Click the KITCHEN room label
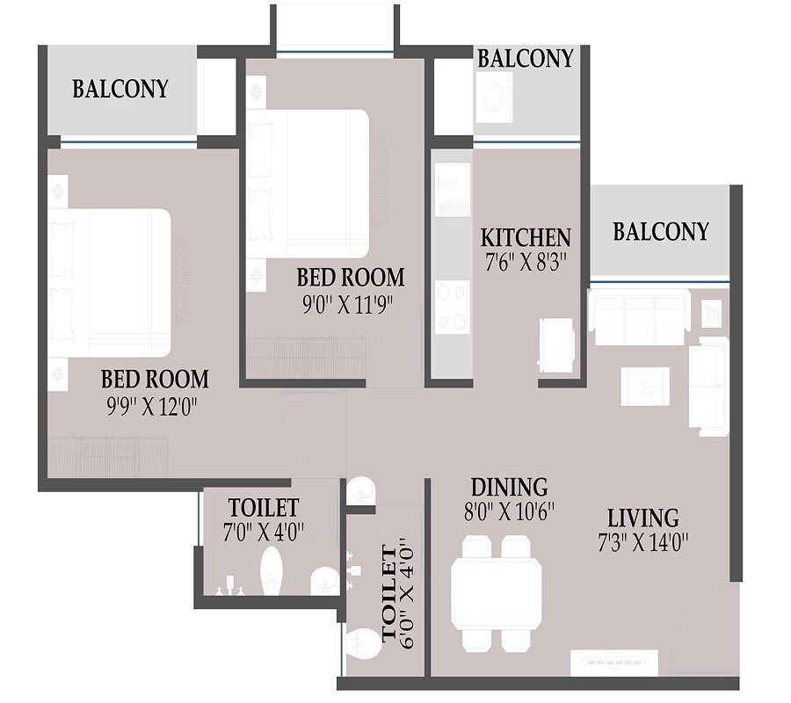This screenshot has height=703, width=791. [x=526, y=237]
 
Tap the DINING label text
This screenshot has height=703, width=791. [x=509, y=487]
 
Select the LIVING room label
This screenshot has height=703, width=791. [x=642, y=517]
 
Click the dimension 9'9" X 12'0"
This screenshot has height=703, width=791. [x=155, y=407]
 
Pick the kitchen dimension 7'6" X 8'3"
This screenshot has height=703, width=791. [x=526, y=263]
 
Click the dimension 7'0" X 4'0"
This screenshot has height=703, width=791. [x=263, y=532]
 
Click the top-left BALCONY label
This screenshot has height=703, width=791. [x=120, y=89]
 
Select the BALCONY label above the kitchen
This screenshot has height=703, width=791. [x=525, y=58]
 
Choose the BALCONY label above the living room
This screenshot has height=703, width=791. [x=661, y=231]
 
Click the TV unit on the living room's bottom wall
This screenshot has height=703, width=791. [x=614, y=662]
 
